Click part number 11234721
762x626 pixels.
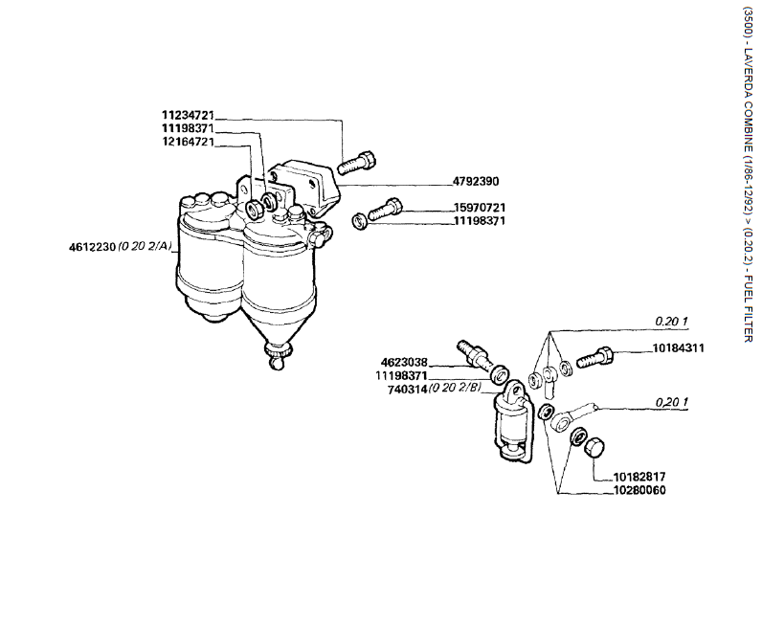pos(187,115)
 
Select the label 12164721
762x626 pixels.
pos(187,142)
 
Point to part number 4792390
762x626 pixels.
pos(476,180)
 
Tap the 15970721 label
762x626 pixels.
pos(479,208)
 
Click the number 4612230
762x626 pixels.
pos(92,247)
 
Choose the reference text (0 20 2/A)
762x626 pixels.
pos(146,247)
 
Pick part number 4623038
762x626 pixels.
pos(403,363)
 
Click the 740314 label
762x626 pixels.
pos(407,390)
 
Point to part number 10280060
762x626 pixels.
pos(639,490)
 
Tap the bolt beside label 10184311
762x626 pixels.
pos(596,360)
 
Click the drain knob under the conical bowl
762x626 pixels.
pos(278,358)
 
